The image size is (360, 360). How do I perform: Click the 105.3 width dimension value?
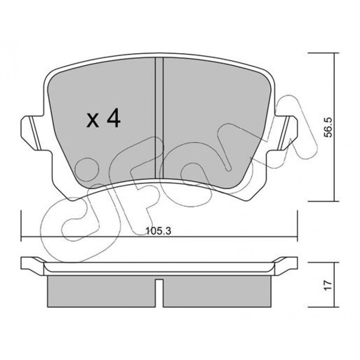[x=159, y=231]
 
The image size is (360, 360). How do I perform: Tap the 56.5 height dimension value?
[x=328, y=127]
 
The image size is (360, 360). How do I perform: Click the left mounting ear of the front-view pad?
[x=32, y=133]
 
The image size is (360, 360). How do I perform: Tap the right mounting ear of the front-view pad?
[x=286, y=133]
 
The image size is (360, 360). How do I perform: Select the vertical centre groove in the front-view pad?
[x=159, y=118]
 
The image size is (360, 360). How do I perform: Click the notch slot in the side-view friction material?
[x=159, y=293]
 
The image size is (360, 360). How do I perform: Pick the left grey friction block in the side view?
[x=101, y=291]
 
